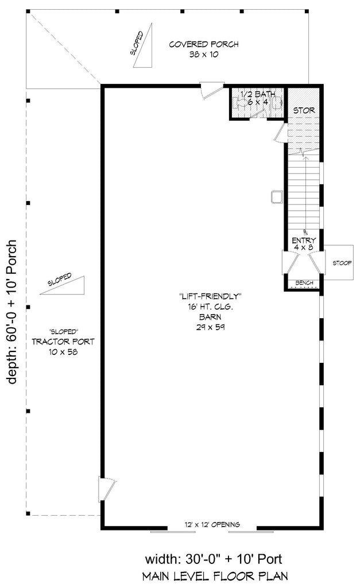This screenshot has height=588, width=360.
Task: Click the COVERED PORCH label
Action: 204,44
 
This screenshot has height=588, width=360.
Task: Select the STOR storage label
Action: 304,110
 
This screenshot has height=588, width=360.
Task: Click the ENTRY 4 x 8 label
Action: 304,243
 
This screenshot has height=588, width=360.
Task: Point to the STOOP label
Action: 342,263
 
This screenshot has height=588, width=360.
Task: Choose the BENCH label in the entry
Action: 304,283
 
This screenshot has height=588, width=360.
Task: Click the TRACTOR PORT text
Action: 63,342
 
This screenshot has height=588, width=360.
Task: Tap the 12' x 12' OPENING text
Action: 212,525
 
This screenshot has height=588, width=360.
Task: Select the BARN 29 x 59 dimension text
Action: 210,322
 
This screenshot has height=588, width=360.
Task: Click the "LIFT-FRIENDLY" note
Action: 210,297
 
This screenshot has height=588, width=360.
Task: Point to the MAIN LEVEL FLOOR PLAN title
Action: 215,576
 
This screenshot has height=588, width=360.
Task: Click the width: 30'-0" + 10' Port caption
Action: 214,559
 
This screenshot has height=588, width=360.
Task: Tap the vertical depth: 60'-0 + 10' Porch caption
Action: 12,312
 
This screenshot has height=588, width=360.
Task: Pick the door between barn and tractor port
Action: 106,489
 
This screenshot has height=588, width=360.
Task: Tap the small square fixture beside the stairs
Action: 276,197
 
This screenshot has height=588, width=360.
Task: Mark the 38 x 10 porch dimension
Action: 204,55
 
